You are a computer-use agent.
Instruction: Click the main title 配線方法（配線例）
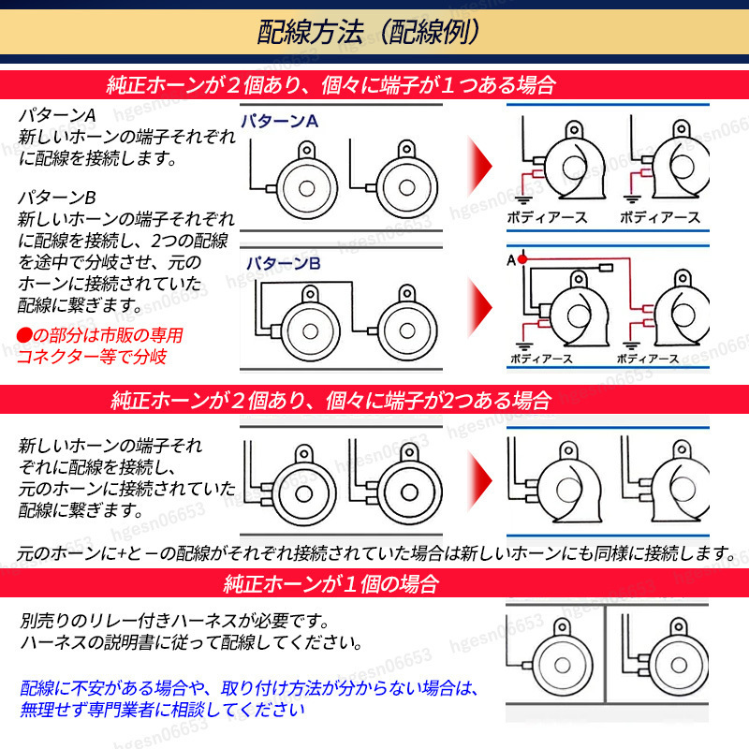pos(368,33)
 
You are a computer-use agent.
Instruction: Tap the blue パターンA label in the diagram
pos(279,121)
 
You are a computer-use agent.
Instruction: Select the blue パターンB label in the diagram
pos(283,263)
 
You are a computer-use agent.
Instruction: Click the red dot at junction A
pos(522,259)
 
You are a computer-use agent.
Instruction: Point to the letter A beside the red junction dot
pos(511,260)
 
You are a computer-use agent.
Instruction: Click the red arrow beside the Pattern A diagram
pos(479,166)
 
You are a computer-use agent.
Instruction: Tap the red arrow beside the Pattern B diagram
pos(479,307)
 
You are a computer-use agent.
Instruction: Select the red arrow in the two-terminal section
pos(479,480)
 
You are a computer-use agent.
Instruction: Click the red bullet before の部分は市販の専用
pos(24,335)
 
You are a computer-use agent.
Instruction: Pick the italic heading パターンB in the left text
pos(57,198)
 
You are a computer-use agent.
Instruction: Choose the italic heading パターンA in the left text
pos(57,115)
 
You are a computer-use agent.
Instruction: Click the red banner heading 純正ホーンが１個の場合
pos(330,583)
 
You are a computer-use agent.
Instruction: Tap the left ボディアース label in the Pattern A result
pos(547,218)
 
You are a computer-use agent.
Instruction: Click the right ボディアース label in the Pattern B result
pos(648,359)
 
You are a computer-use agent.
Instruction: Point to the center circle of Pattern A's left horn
pos(307,188)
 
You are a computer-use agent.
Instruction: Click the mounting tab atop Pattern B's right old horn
pos(407,292)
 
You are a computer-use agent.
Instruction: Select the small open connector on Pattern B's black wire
pos(606,268)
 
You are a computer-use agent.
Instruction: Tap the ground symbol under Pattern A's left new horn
pos(524,198)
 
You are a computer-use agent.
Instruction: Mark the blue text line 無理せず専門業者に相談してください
pos(162,710)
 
